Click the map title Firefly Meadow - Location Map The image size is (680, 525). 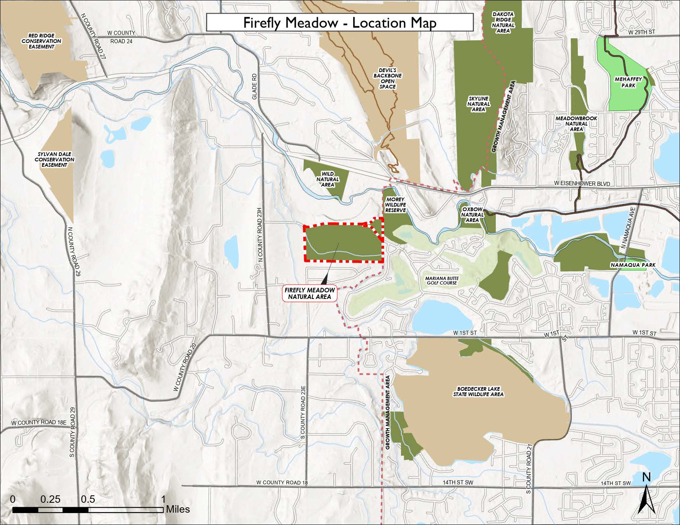pos(340,22)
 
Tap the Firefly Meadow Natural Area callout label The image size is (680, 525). pos(310,293)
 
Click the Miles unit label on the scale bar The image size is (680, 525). pos(178,509)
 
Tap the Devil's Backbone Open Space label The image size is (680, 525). pos(387,78)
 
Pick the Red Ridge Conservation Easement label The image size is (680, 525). pos(42,41)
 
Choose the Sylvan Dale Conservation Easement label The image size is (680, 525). pos(54,159)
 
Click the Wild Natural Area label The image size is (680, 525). pos(328,179)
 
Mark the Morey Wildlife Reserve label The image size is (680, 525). pos(396,205)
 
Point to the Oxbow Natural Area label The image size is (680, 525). pos(472,215)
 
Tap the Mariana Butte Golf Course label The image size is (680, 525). pos(441,280)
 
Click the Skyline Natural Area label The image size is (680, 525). pos(478,104)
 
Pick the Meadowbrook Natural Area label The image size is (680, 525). pos(576,124)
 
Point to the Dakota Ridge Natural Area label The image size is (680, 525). pos(503,22)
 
